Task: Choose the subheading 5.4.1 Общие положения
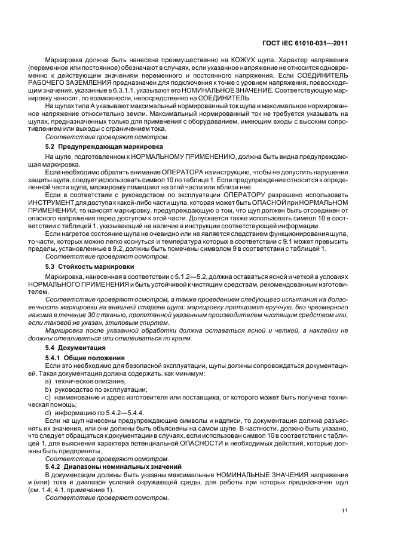click(84, 357)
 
